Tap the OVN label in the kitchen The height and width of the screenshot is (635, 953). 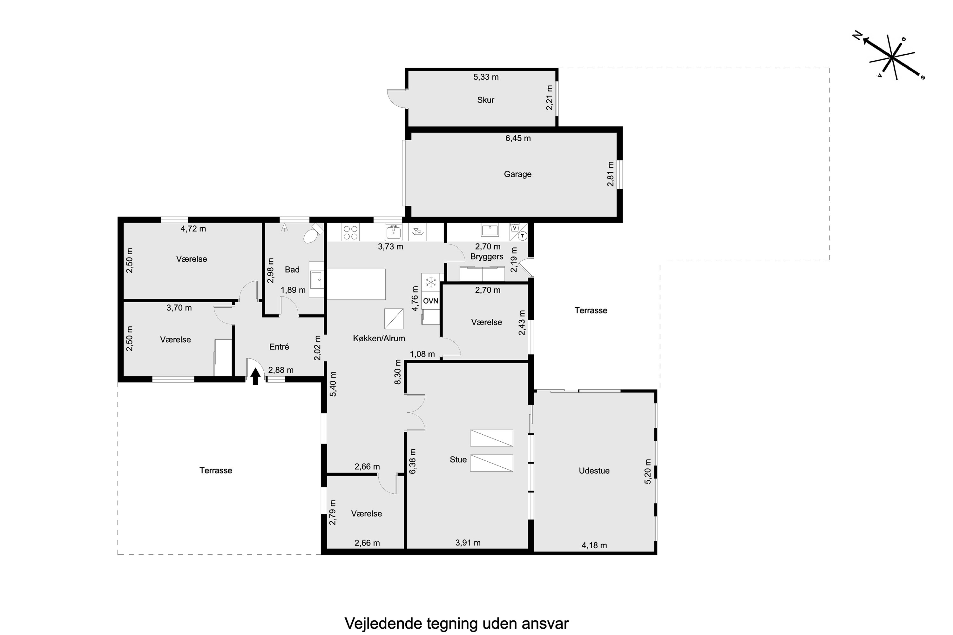[x=431, y=301]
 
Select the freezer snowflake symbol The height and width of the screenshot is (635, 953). [x=431, y=281]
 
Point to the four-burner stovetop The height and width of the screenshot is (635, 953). [x=350, y=232]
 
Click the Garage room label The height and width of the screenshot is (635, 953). [x=517, y=174]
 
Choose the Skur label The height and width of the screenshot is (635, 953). [x=485, y=100]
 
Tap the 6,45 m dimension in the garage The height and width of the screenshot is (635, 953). [x=518, y=138]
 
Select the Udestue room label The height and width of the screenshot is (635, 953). [x=594, y=471]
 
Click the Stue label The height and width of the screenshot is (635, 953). [x=458, y=460]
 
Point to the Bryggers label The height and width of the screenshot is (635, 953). [x=487, y=257]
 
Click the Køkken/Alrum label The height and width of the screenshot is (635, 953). [x=379, y=338]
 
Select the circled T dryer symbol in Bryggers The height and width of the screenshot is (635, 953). [x=523, y=236]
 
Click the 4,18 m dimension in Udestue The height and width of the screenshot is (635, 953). [x=594, y=545]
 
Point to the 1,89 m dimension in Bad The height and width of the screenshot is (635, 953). [x=293, y=290]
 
